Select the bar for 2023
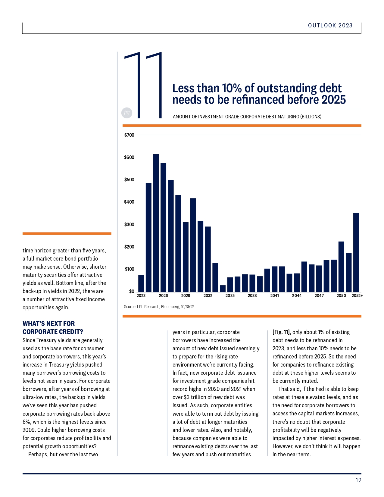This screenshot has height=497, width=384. point(141,283)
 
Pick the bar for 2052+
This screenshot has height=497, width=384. point(356,252)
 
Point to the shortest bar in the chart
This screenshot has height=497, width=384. point(223,289)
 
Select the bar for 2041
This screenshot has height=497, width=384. point(274,279)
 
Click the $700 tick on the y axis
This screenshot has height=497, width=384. point(129,135)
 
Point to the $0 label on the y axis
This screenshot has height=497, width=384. point(132,291)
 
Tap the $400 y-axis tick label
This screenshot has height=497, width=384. point(129,202)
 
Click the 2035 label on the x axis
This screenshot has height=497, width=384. point(230,295)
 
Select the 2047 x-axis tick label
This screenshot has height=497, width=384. point(319,295)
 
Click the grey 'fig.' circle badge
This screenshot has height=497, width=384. point(127,113)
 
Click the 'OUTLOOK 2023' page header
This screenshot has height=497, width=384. point(330,25)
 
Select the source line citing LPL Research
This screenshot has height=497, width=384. point(159,307)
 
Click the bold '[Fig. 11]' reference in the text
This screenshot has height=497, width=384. point(281,332)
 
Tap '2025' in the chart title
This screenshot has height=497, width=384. point(333,100)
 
